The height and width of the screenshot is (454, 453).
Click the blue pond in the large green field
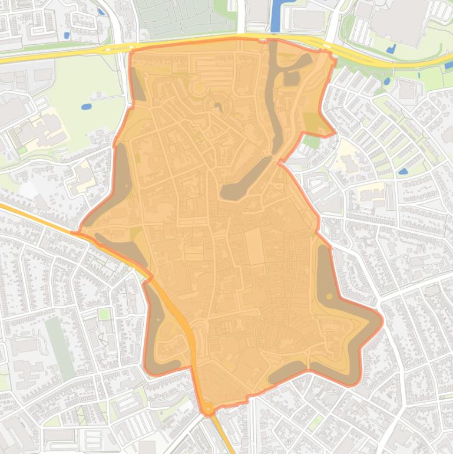point(87,107)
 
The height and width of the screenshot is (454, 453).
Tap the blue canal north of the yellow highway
point(275,18)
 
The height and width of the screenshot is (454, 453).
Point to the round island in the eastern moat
point(329,296)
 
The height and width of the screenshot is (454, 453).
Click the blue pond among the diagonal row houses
point(403,171)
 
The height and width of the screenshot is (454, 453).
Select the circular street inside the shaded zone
point(198,89)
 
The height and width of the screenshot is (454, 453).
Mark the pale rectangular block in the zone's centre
point(255,246)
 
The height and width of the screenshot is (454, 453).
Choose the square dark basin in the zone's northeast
point(292,78)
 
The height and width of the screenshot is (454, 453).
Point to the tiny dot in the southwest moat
point(158,320)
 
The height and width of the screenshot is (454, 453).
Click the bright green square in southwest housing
point(104,314)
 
